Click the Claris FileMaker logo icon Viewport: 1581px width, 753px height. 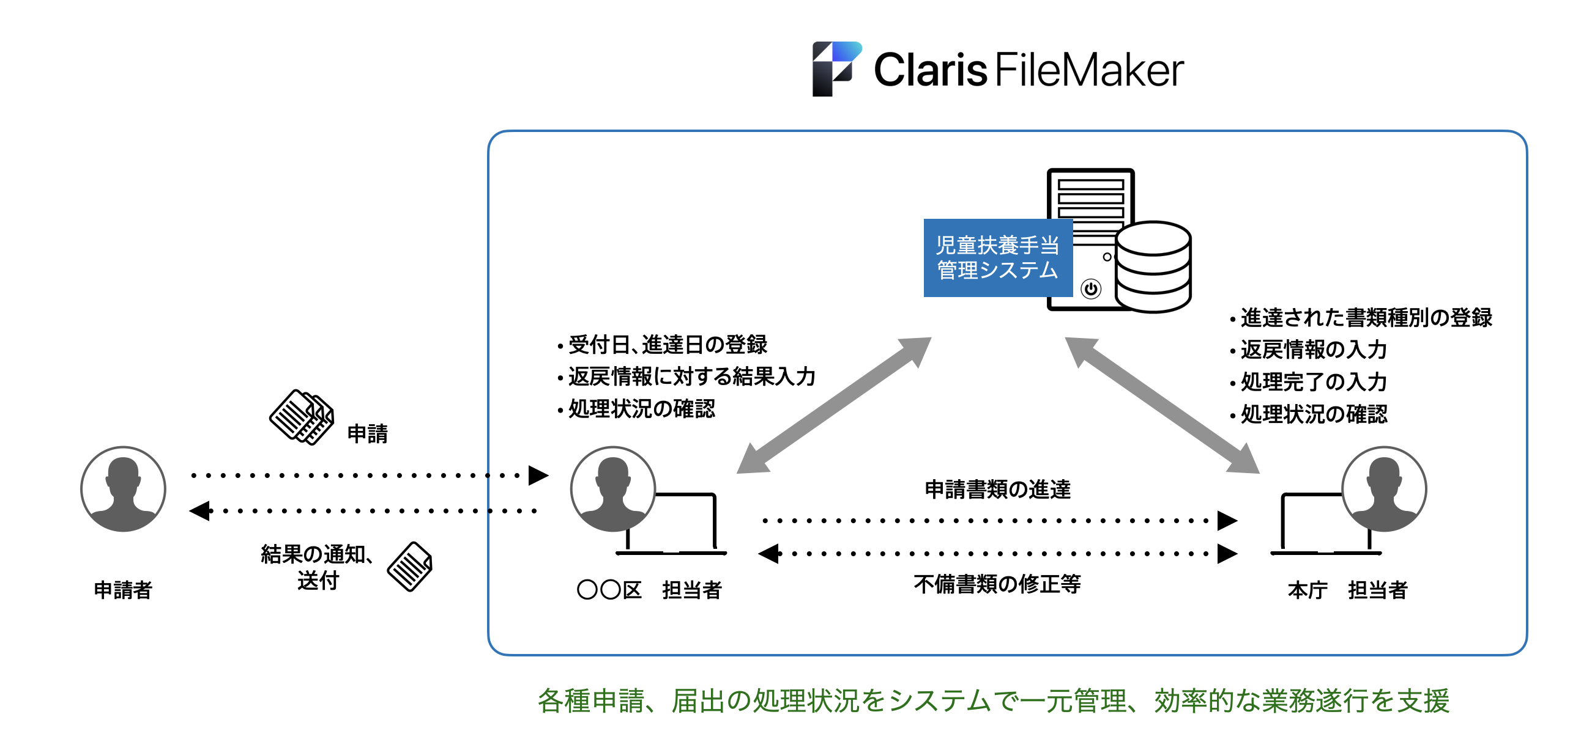tap(836, 68)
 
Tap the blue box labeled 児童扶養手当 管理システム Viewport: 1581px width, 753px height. tap(997, 258)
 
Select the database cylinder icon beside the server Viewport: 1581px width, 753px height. tap(1153, 266)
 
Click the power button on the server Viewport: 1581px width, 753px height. tap(1091, 289)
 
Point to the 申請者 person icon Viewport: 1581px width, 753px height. tap(124, 489)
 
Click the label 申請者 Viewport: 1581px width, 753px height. tap(124, 590)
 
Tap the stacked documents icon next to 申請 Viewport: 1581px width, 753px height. tap(302, 417)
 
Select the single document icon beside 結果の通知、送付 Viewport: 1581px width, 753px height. tap(410, 567)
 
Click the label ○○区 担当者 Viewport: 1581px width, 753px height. tap(649, 590)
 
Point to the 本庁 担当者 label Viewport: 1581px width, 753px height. tap(1347, 590)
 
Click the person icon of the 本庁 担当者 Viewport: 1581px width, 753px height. tap(1384, 489)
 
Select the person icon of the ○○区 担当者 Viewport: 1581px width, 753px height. tap(613, 489)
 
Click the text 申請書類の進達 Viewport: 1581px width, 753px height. tap(997, 490)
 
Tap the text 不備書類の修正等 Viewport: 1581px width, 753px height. tap(997, 584)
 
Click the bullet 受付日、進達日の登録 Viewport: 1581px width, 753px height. tap(667, 345)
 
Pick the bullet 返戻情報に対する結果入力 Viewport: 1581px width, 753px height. tap(691, 376)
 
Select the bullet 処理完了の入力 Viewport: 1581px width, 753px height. tap(1314, 382)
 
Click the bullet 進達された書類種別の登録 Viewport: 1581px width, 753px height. tap(1366, 318)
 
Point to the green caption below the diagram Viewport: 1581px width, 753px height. tap(993, 701)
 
